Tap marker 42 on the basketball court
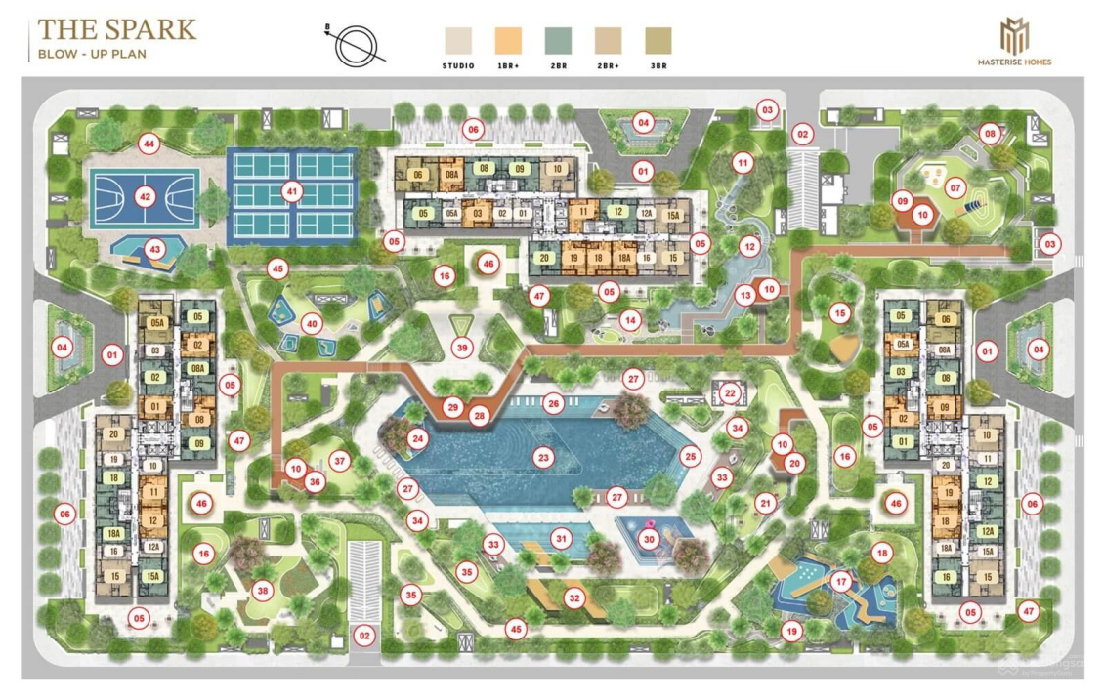point(146,197)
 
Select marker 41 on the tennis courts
point(292,191)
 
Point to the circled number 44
point(149,144)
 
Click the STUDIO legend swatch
point(457,40)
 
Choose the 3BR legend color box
point(658,40)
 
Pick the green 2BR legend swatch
point(558,40)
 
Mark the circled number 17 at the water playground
point(841,582)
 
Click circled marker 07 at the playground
point(955,188)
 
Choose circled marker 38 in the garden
point(261,590)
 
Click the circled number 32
point(574,597)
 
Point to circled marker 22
point(730,392)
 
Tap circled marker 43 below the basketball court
point(154,250)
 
